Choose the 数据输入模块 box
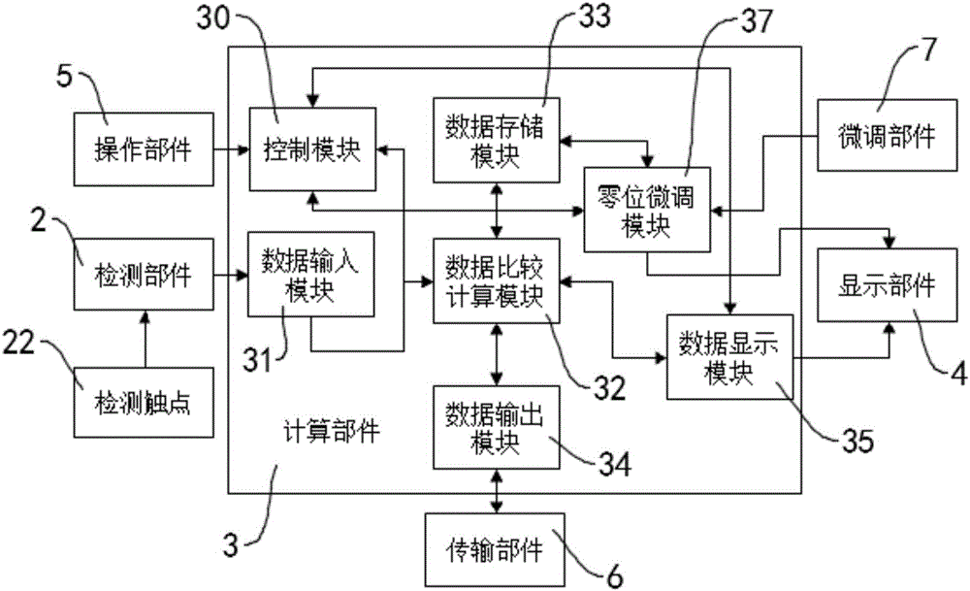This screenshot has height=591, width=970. point(311,275)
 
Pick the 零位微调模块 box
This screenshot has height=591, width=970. point(646,210)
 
